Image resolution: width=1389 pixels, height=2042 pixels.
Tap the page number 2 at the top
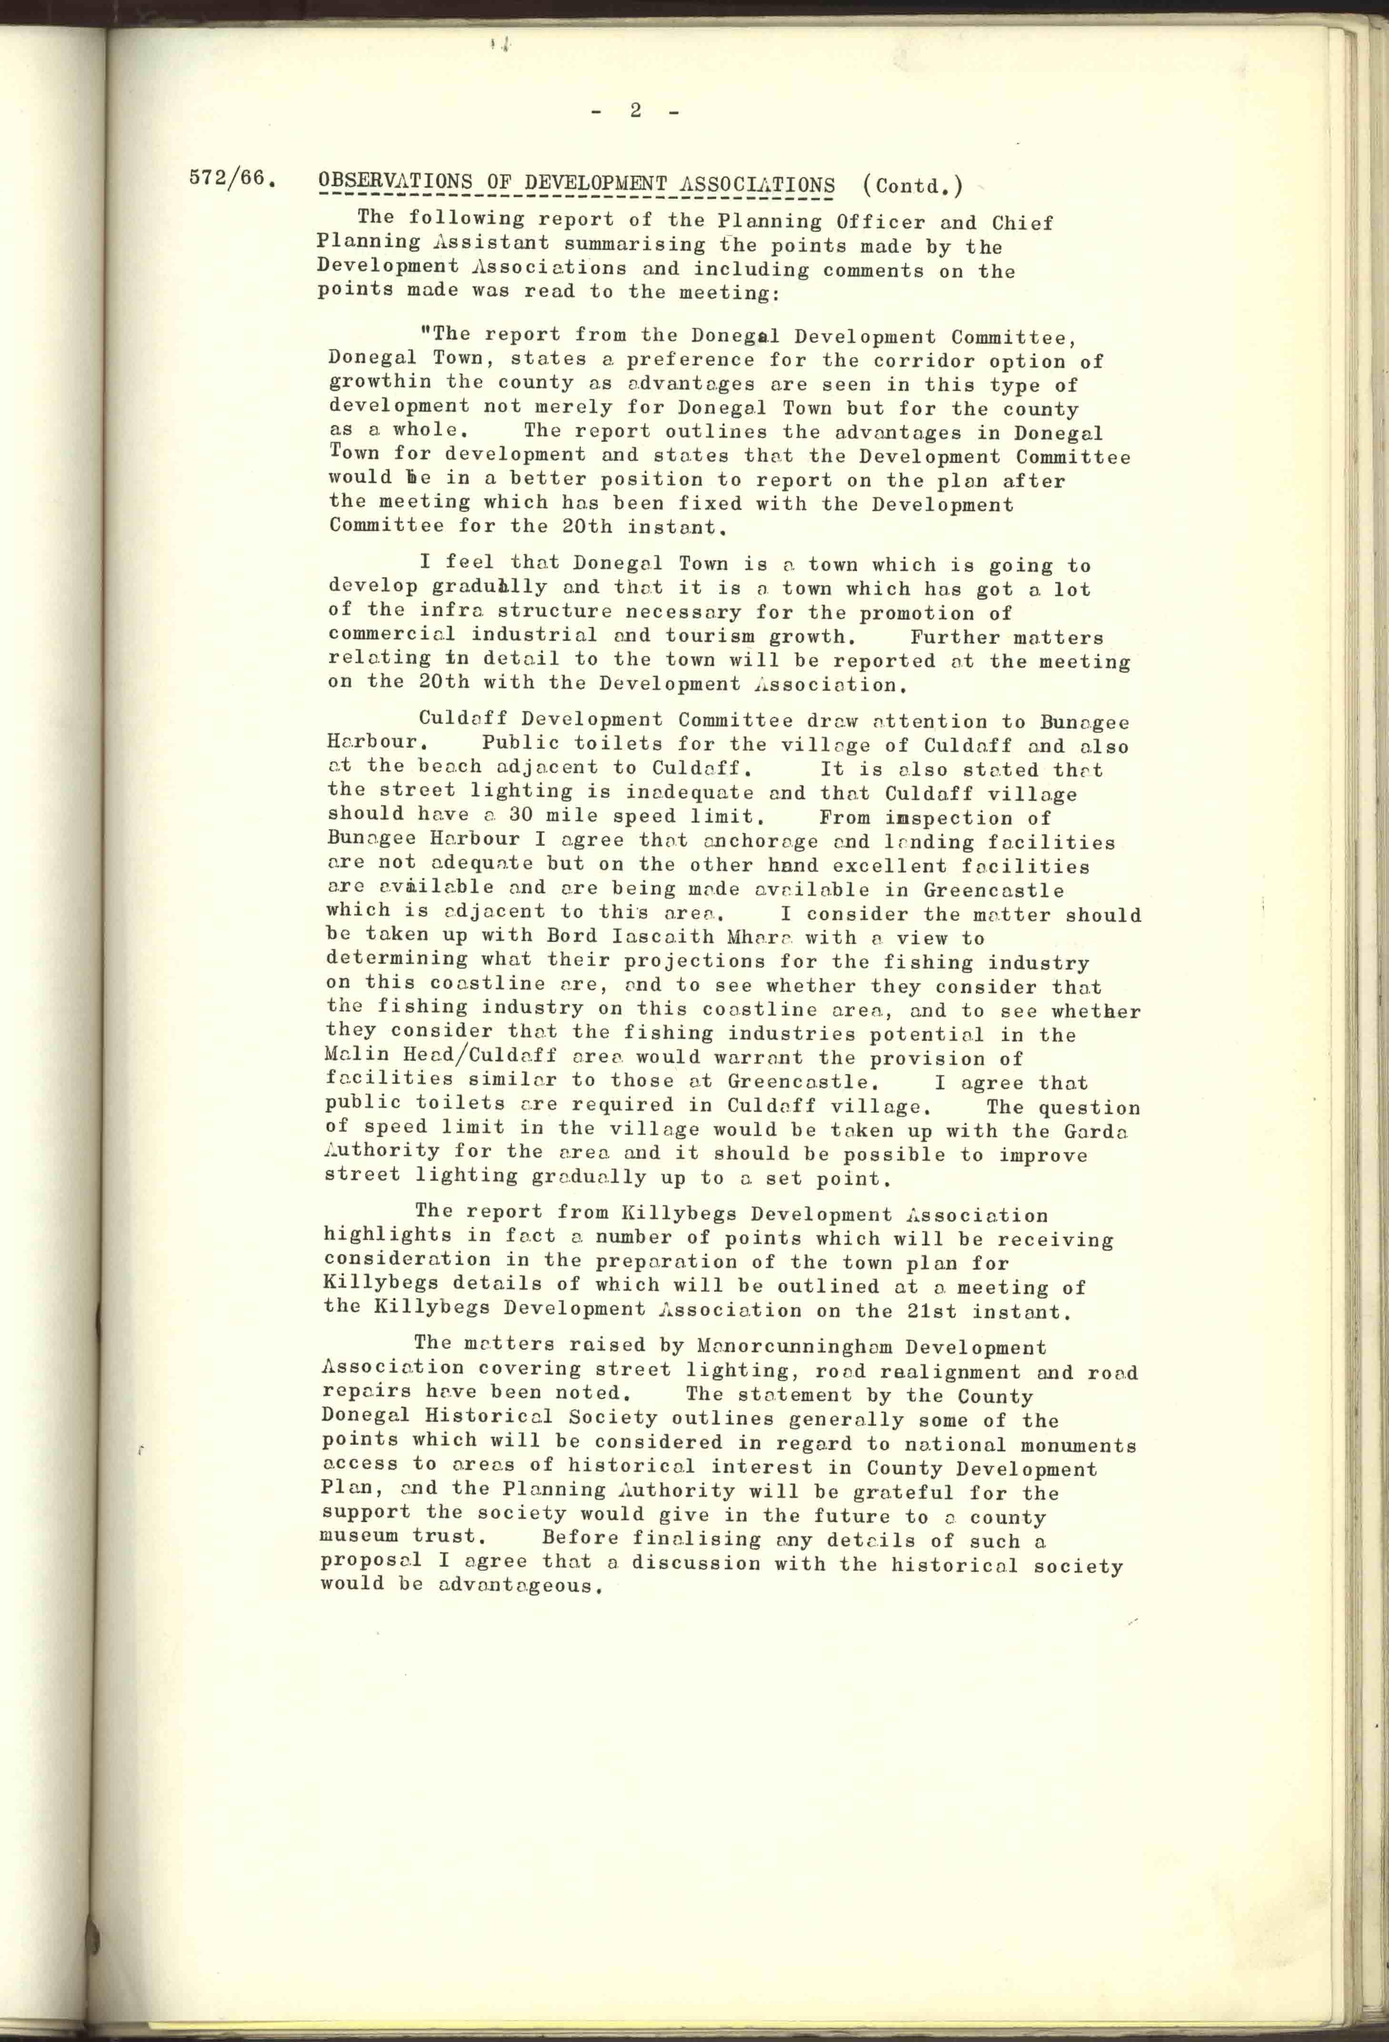634,111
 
